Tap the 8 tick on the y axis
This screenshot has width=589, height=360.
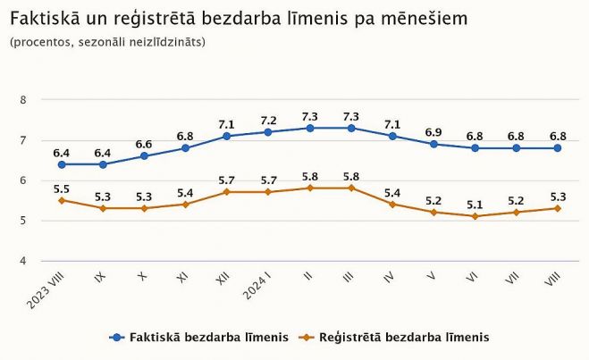click(24, 100)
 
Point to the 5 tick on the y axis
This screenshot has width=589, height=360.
click(24, 221)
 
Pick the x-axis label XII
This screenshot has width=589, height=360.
click(223, 280)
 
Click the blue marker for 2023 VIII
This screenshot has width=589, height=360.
click(62, 164)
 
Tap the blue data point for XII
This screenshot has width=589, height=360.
click(227, 136)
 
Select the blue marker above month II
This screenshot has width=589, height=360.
click(309, 128)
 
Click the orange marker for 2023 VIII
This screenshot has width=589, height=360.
click(62, 200)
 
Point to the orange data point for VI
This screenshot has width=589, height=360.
click(475, 216)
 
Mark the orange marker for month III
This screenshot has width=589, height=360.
click(351, 188)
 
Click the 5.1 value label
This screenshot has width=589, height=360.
click(475, 203)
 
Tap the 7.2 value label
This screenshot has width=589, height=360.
click(268, 120)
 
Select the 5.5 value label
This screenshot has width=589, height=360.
click(62, 188)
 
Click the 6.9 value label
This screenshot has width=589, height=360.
click(434, 131)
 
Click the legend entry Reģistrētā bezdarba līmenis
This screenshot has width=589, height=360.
click(393, 338)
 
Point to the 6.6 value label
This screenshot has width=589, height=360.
click(144, 144)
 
